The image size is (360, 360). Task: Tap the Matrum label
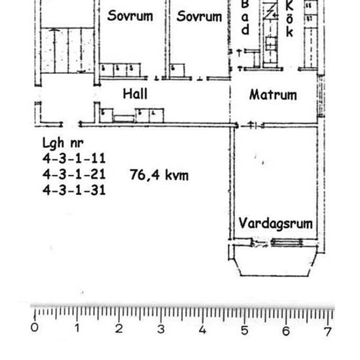tap(273, 95)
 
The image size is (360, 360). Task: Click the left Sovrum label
tap(130, 16)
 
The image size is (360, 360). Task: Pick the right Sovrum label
tap(199, 16)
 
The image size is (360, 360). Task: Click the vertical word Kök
tap(289, 18)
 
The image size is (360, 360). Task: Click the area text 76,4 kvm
tap(160, 175)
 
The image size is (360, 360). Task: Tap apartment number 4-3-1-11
tap(73, 159)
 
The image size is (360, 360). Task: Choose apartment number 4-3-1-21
tap(73, 175)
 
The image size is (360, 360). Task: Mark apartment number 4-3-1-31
tap(73, 190)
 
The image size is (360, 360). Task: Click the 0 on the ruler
tap(35, 329)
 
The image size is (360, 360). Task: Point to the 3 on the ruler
tap(160, 329)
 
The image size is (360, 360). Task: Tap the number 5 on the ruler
tap(244, 329)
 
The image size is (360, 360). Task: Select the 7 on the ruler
tap(327, 329)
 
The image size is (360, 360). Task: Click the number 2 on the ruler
tap(118, 329)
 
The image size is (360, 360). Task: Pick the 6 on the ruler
tap(286, 329)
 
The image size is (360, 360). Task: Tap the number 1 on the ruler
tap(77, 329)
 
